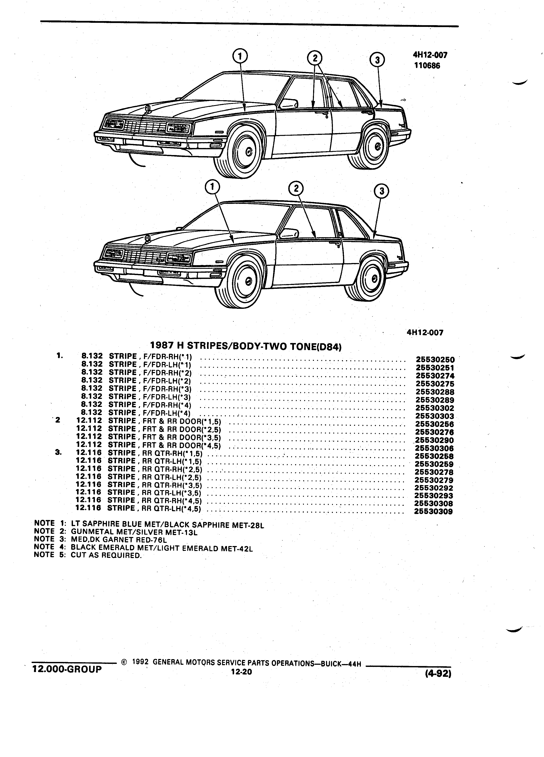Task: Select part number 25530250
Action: pos(435,360)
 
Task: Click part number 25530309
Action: pos(433,511)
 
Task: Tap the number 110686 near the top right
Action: pos(427,66)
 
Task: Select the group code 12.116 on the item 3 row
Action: pos(89,453)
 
